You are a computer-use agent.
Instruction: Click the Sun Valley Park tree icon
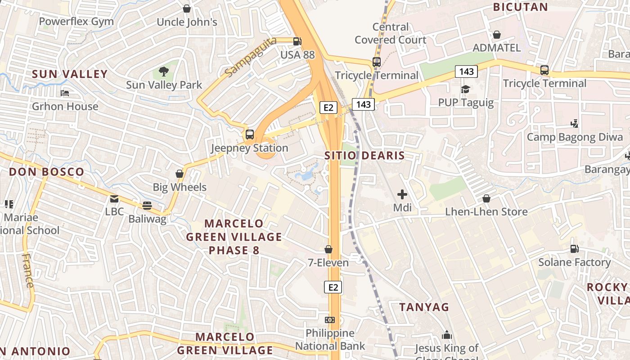164,71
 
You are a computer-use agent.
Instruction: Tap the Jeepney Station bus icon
249,134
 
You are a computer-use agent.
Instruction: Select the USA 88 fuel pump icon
297,41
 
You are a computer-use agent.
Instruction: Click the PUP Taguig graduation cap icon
465,89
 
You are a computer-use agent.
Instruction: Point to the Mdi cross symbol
402,194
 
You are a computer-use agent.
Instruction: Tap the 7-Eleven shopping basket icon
328,249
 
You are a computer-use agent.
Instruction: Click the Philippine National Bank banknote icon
330,320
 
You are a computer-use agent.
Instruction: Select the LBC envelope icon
114,198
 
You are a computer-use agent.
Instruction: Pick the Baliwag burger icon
147,206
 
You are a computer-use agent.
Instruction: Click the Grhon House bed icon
65,93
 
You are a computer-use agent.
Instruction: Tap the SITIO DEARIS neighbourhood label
364,156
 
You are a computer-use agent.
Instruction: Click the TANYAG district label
424,307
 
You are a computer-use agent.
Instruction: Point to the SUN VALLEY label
70,74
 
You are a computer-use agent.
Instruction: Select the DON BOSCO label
46,172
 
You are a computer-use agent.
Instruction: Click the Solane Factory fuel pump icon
574,248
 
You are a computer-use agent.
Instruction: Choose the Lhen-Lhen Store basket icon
486,198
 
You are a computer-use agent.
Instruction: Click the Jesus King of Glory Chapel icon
446,335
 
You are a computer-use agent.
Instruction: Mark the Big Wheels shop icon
180,174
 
